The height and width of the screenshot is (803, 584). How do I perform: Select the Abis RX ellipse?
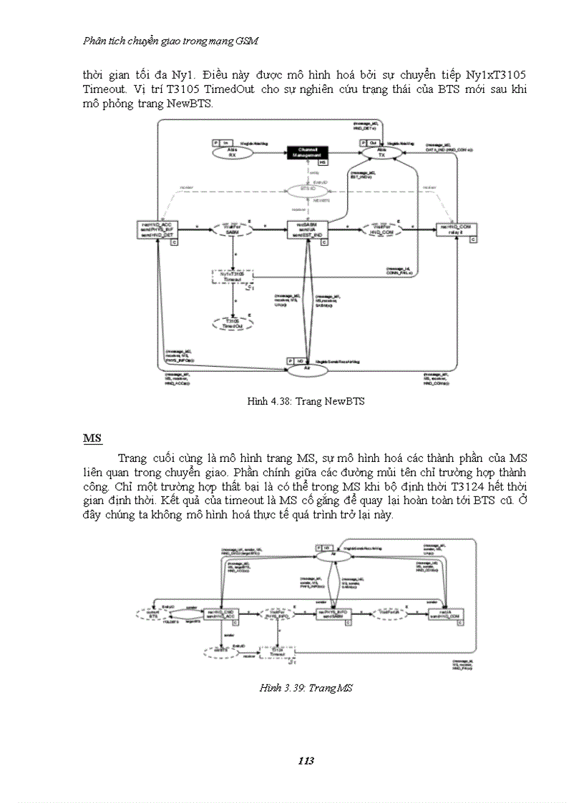pyautogui.click(x=232, y=152)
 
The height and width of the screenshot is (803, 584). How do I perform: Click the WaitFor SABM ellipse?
pyautogui.click(x=232, y=229)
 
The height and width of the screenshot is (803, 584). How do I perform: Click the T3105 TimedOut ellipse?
pyautogui.click(x=232, y=323)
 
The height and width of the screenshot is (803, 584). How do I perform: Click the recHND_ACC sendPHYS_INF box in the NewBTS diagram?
pyautogui.click(x=157, y=229)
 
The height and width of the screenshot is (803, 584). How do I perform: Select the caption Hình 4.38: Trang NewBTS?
pyautogui.click(x=306, y=402)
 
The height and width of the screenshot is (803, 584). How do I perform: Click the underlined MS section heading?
pyautogui.click(x=92, y=438)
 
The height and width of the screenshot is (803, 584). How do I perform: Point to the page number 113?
pyautogui.click(x=306, y=761)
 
